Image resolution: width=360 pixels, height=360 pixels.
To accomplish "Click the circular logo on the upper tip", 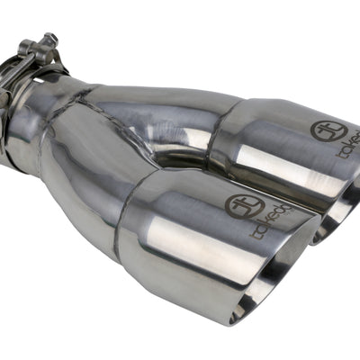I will (328, 129).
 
